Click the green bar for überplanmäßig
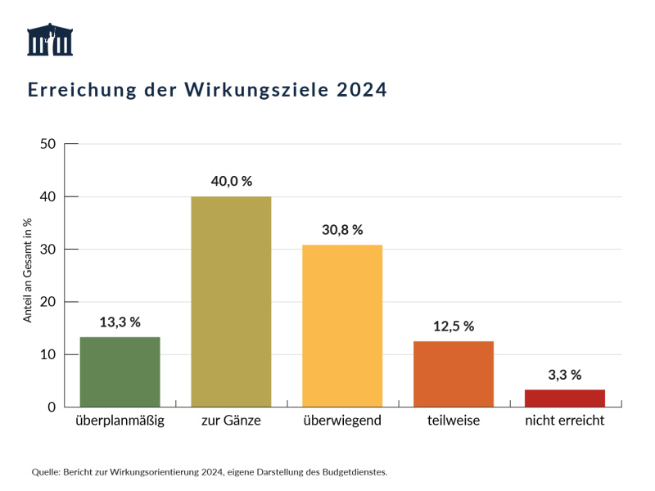point(120,372)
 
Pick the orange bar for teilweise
point(454,374)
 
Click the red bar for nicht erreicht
point(565,398)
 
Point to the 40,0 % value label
point(231,181)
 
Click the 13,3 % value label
point(120,322)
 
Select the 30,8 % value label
point(342,230)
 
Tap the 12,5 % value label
point(454,326)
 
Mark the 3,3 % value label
point(565,375)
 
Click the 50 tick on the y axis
point(47,144)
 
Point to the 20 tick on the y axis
point(47,302)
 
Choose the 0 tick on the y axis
point(51,407)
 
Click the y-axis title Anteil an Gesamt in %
point(27,270)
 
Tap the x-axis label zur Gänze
point(231,421)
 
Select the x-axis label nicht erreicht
point(565,421)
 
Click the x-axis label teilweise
point(454,421)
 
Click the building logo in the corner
point(50,40)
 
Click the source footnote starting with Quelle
point(209,471)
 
